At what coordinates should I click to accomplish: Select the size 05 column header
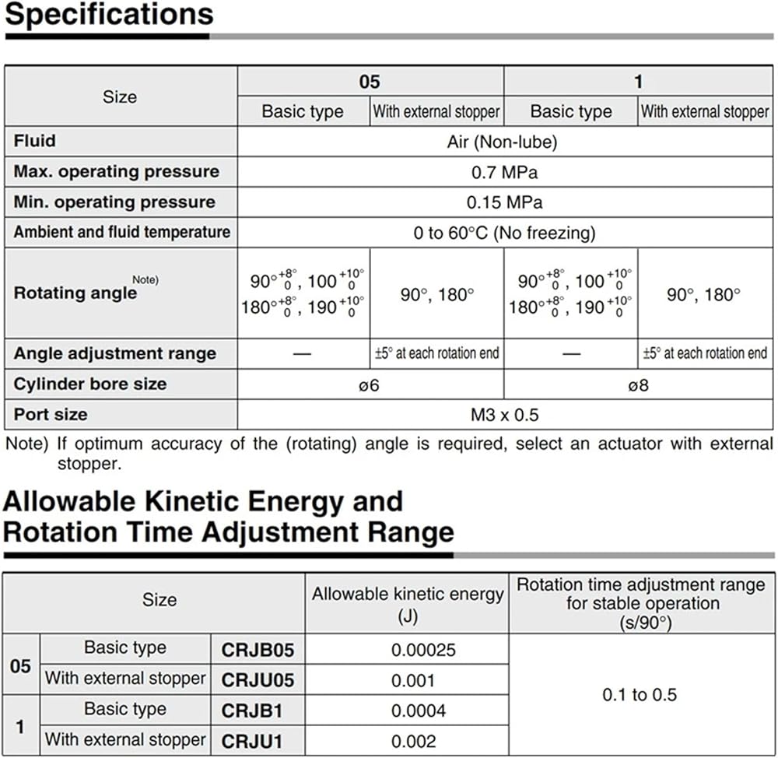coord(370,82)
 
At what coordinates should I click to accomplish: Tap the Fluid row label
coord(34,141)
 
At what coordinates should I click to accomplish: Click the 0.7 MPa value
coord(505,171)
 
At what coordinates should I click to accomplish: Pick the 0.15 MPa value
coord(505,202)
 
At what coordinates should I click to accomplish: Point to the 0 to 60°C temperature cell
coord(504,233)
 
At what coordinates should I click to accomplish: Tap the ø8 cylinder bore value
coord(639,384)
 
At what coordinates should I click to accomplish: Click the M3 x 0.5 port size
coord(504,415)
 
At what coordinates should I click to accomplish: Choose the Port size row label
coord(51,415)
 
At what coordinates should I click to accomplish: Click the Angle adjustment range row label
coord(114,354)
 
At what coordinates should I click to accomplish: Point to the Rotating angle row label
coord(75,293)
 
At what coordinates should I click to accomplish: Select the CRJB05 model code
coord(258,649)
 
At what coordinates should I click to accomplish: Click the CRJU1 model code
coord(251,741)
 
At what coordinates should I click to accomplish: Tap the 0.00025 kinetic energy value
coord(423,649)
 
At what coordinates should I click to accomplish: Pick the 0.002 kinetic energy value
coord(414,741)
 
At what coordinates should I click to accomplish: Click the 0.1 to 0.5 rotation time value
coord(640,694)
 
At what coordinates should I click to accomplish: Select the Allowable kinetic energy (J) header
coord(408,604)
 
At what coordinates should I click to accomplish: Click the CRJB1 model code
coord(251,711)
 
